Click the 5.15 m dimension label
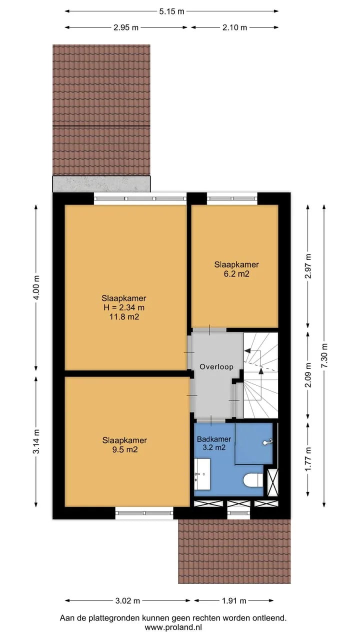click(171, 11)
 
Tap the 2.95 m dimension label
click(126, 27)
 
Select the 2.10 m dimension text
click(234, 27)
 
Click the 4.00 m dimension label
click(36, 287)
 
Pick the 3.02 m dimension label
click(127, 601)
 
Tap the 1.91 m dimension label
click(234, 601)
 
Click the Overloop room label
click(216, 366)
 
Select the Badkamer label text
click(214, 439)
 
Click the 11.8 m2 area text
click(124, 316)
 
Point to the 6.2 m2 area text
click(236, 274)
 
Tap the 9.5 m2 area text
click(125, 449)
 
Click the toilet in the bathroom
click(253, 480)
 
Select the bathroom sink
click(202, 474)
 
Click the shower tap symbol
click(268, 442)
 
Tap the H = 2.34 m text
click(124, 307)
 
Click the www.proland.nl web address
click(173, 627)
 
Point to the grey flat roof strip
click(101, 184)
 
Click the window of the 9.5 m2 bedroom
click(144, 513)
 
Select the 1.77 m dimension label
click(307, 459)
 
